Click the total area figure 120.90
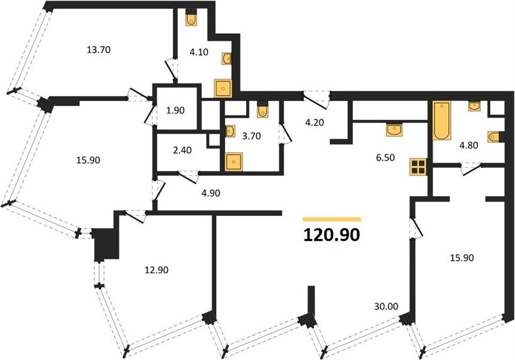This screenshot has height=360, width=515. [x=332, y=235]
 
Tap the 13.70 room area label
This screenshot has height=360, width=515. [x=98, y=50]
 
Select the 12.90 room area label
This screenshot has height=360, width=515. [x=156, y=270]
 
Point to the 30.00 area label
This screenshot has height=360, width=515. [x=386, y=307]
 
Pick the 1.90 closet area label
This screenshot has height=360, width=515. [x=175, y=110]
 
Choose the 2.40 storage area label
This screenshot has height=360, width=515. [x=182, y=151]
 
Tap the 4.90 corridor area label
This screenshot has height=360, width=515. [x=211, y=193]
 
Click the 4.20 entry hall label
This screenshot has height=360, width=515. [x=315, y=123]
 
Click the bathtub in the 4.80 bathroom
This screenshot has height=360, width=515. [x=442, y=120]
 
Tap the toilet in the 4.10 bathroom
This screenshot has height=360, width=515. [x=191, y=20]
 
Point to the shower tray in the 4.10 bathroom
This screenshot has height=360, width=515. [x=223, y=88]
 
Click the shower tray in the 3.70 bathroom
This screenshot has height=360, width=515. [x=233, y=162]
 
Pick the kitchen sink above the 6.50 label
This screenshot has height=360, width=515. [x=394, y=130]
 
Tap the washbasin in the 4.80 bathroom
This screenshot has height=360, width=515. [x=474, y=106]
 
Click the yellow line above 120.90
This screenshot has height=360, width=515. [x=332, y=219]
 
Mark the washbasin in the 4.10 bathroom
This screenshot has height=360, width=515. [x=227, y=59]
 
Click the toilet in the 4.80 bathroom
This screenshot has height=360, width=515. [x=494, y=137]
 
